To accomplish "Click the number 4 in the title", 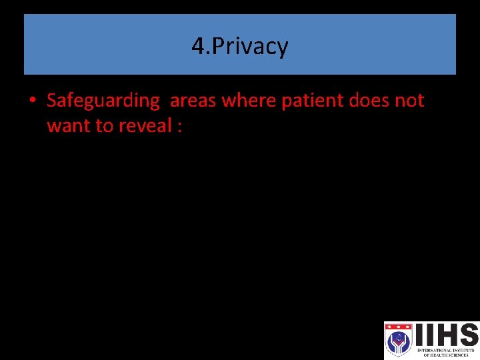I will [x=197, y=46].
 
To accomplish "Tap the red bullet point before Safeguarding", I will [x=33, y=101].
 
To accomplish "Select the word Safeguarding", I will [x=103, y=101].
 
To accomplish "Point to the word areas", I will [x=193, y=101].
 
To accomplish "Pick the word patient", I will [x=305, y=101].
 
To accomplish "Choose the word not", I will [x=409, y=101].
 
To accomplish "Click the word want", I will [x=69, y=125].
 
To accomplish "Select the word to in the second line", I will [x=105, y=125].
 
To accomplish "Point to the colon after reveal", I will [x=179, y=127].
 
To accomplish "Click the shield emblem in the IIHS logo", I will [x=398, y=339].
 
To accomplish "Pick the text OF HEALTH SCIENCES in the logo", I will [x=447, y=355].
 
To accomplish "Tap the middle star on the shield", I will [x=398, y=327].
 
